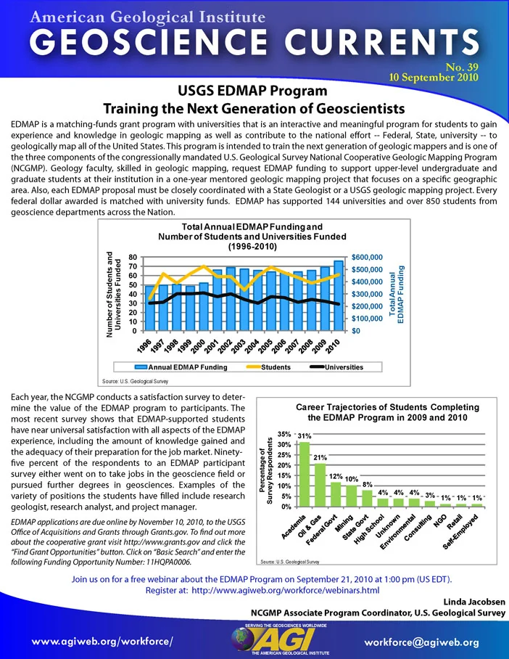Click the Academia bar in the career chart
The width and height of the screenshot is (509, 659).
tap(305, 474)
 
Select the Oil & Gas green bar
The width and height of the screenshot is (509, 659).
tap(320, 485)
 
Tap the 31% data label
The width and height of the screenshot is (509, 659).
tap(305, 436)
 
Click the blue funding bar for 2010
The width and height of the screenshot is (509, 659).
tap(339, 295)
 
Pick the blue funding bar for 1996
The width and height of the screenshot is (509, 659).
tap(150, 308)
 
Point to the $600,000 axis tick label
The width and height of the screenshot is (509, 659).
tap(367, 257)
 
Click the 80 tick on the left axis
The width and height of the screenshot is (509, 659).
tap(133, 257)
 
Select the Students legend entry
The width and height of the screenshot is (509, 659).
tap(269, 367)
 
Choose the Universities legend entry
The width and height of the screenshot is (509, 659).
tap(336, 367)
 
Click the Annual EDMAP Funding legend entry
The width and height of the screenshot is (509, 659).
tap(181, 367)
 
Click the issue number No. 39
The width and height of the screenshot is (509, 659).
tap(462, 67)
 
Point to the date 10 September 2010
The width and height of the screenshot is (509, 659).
tap(434, 78)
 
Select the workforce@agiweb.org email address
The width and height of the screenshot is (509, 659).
tap(421, 642)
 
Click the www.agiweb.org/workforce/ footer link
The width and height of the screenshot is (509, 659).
tap(102, 642)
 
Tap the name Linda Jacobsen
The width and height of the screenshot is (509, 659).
tap(474, 602)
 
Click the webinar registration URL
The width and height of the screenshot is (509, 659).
tap(286, 590)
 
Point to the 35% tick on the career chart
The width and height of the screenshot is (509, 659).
tap(284, 434)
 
